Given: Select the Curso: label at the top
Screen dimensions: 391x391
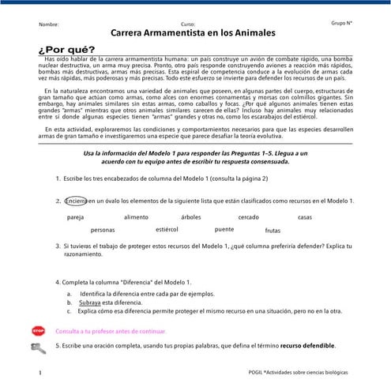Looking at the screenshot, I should [188, 24].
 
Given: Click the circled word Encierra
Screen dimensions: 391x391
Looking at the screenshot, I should [76, 200].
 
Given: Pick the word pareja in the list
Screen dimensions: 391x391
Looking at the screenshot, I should [76, 216].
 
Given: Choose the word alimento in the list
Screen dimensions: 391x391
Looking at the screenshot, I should [136, 216].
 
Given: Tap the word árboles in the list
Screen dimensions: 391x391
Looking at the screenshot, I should [191, 216].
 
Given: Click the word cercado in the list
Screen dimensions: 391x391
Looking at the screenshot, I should [249, 216].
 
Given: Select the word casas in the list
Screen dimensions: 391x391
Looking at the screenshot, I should [305, 216].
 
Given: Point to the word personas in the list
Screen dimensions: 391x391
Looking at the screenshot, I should [103, 230].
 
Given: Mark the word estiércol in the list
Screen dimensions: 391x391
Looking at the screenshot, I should [167, 229].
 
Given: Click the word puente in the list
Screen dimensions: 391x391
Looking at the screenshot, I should [224, 229].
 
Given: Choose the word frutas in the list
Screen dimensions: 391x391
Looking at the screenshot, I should [273, 231].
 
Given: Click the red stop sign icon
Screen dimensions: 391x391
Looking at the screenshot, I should [37, 333].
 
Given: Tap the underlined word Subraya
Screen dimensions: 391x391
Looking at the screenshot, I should [89, 303].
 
